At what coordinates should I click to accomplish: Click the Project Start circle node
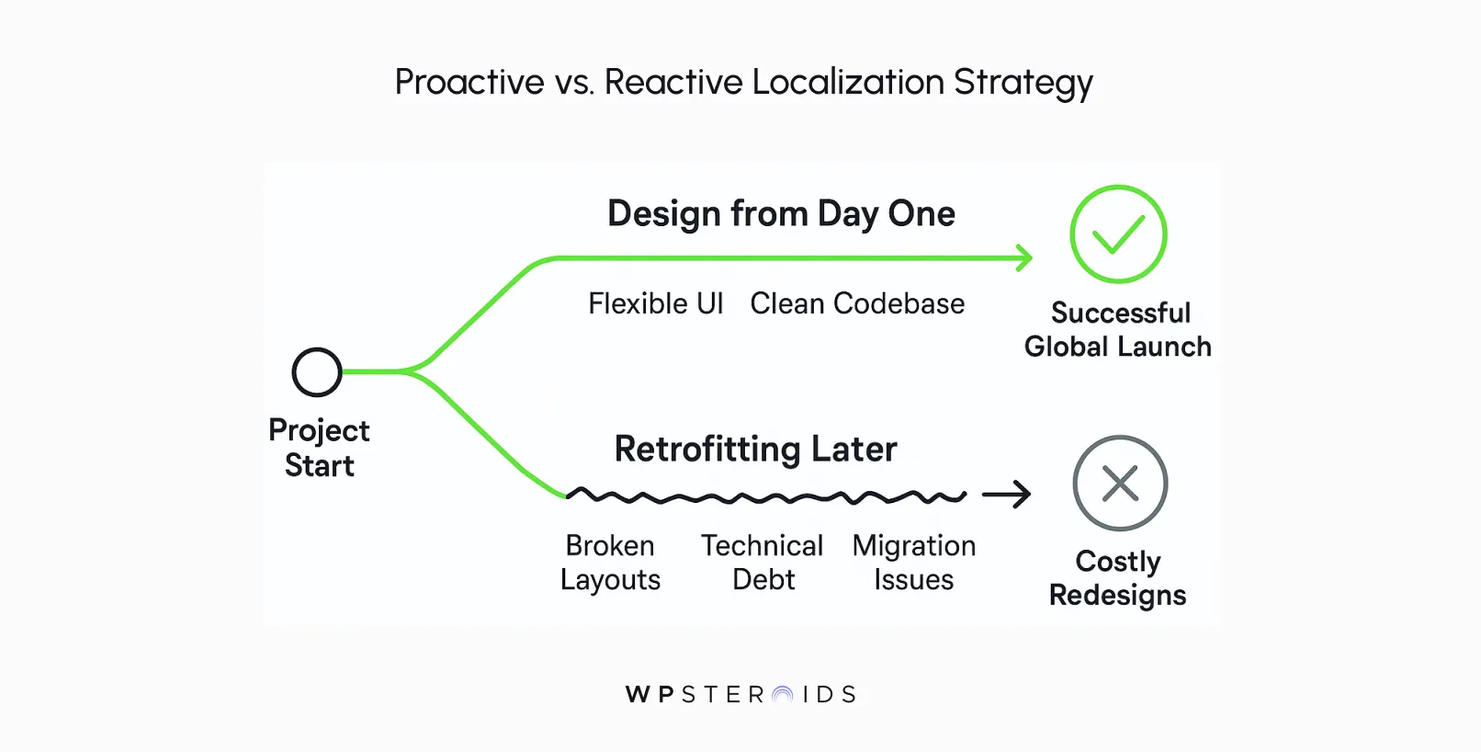[317, 372]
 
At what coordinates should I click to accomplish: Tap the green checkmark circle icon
[1118, 234]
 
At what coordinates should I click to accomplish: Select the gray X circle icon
[1120, 484]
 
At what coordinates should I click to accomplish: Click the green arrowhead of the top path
[1023, 258]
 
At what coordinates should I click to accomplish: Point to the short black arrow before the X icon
[1007, 495]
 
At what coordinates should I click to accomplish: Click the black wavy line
[765, 497]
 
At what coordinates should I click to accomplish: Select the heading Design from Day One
[781, 213]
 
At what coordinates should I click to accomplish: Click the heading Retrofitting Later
[755, 449]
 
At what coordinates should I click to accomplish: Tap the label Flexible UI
[655, 303]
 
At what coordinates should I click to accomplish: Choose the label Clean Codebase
[857, 303]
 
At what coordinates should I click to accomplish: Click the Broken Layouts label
[610, 563]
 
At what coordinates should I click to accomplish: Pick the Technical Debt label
[763, 563]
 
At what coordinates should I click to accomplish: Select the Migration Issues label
[913, 563]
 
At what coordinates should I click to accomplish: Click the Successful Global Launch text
[1118, 329]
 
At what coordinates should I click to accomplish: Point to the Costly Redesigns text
[1117, 578]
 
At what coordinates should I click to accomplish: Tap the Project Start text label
[319, 448]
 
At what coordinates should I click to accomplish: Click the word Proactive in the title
[469, 82]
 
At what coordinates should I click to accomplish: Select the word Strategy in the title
[1023, 82]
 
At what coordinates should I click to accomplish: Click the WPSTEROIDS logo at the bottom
[740, 694]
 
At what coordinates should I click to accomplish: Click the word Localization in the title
[847, 82]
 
